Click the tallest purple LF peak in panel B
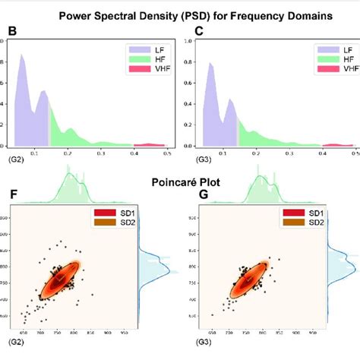22,56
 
